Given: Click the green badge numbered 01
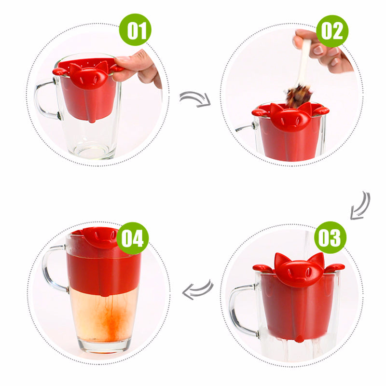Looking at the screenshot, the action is coord(135,29).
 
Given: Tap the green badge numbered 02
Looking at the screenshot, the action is coord(332,31).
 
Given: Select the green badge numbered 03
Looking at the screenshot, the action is coord(330,237).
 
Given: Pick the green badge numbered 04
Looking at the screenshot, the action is coord(133,238).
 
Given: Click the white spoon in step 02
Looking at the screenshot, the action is coord(304,62).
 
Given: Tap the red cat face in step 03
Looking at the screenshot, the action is coord(299,270).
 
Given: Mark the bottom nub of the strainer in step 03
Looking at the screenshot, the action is coord(299,339).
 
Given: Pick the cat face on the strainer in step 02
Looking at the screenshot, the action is coord(291,117).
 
